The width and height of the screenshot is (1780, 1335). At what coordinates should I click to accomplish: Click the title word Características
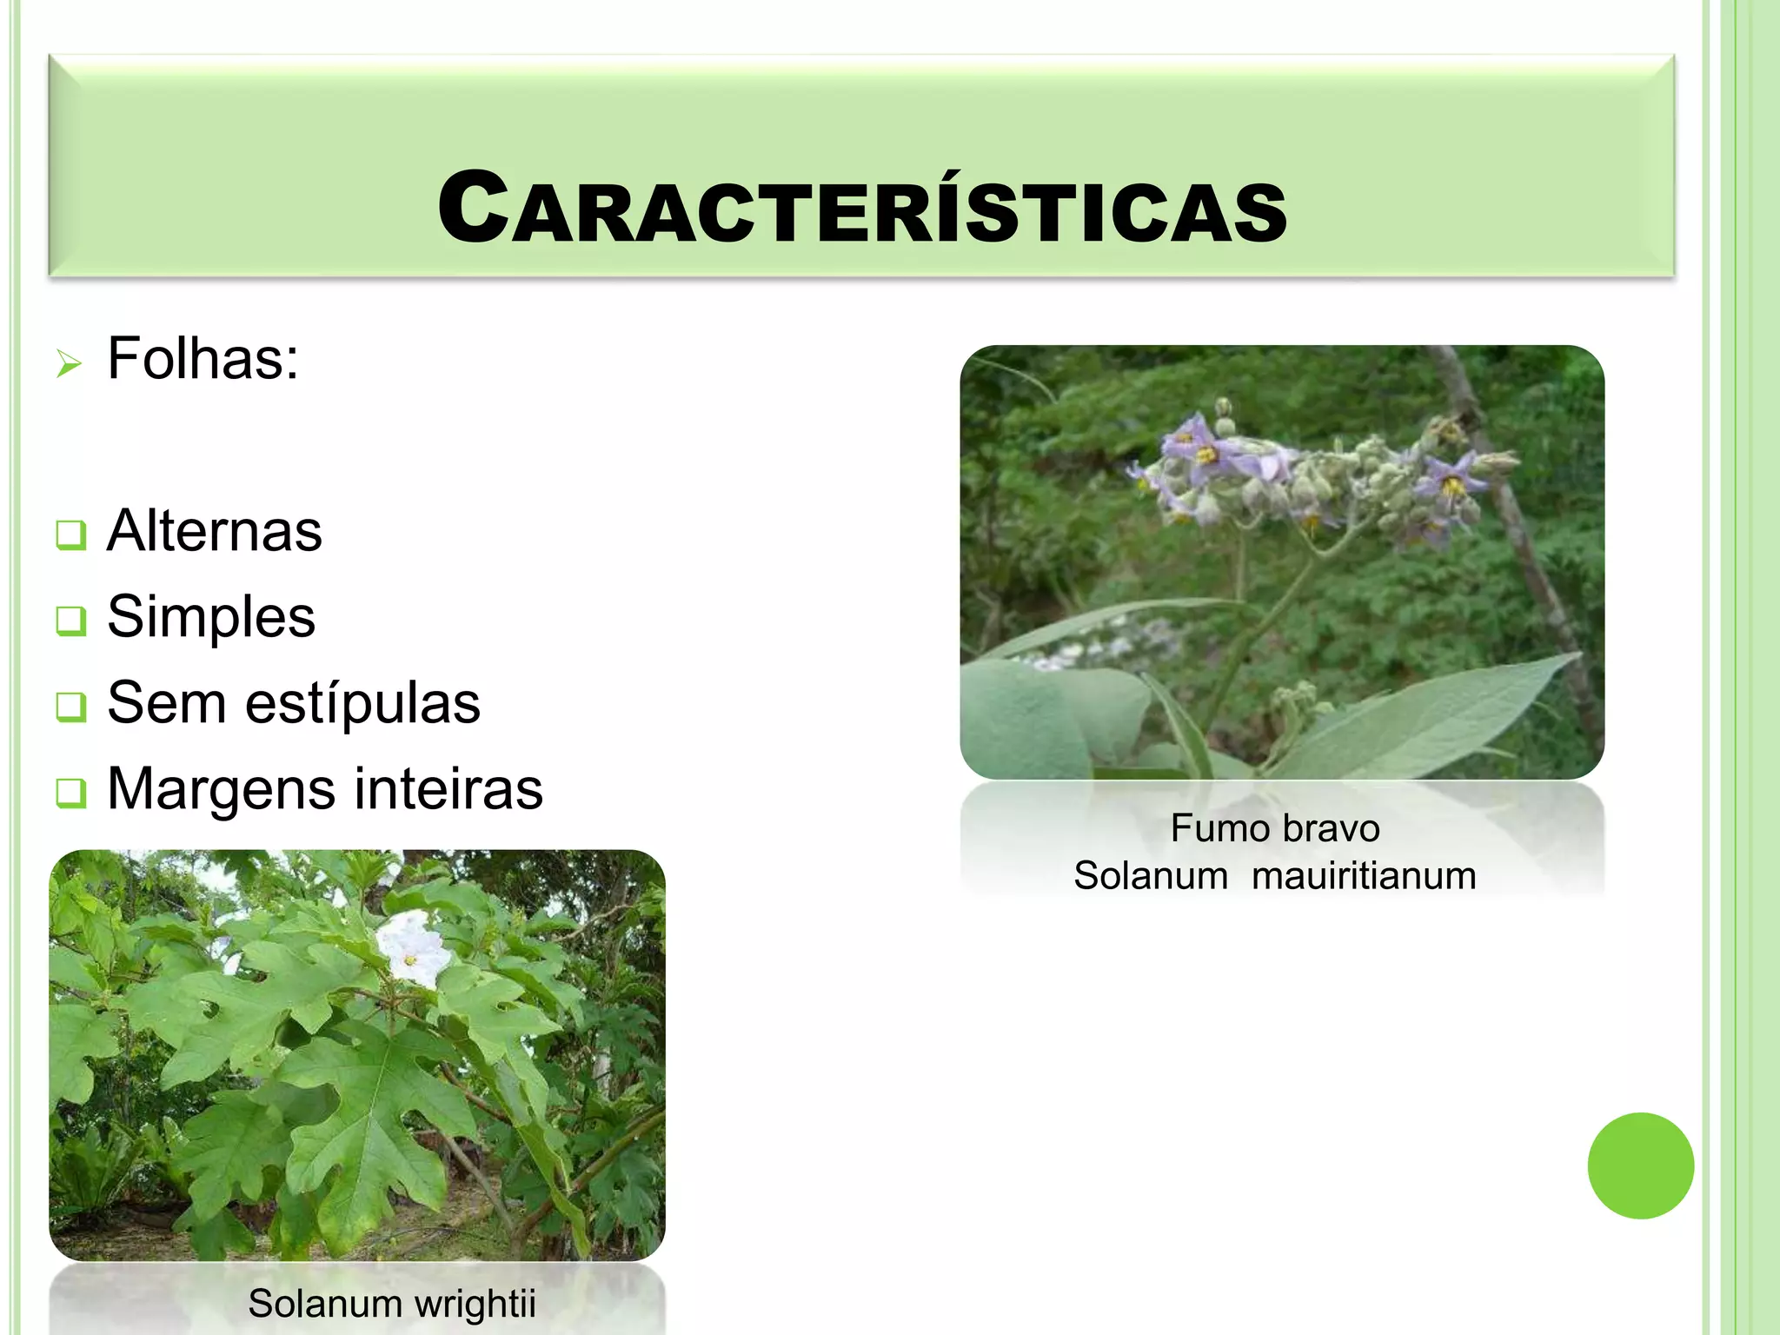pyautogui.click(x=862, y=209)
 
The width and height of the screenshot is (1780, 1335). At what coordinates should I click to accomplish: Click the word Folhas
pyautogui.click(x=203, y=358)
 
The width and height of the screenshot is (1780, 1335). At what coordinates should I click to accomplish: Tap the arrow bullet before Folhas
pyautogui.click(x=69, y=362)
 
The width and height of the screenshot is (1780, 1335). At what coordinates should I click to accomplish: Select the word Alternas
pyautogui.click(x=215, y=531)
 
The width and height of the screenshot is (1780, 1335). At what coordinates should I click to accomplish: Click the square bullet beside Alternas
pyautogui.click(x=70, y=535)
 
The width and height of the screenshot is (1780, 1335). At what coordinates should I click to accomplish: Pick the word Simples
pyautogui.click(x=211, y=617)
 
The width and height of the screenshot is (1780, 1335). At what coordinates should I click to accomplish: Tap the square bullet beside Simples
pyautogui.click(x=70, y=621)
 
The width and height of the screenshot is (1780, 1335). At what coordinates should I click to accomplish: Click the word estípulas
pyautogui.click(x=362, y=702)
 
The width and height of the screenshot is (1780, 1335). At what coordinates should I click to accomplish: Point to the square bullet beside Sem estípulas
pyautogui.click(x=70, y=707)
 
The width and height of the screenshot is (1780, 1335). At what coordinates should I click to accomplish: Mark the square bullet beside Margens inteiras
pyautogui.click(x=70, y=793)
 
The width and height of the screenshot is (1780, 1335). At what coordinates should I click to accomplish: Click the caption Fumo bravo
pyautogui.click(x=1274, y=828)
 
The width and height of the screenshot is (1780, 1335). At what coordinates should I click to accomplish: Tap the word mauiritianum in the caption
pyautogui.click(x=1364, y=875)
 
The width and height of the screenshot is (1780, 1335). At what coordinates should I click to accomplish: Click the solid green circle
pyautogui.click(x=1640, y=1166)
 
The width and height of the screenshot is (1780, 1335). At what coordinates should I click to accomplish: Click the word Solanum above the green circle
pyautogui.click(x=1151, y=875)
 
